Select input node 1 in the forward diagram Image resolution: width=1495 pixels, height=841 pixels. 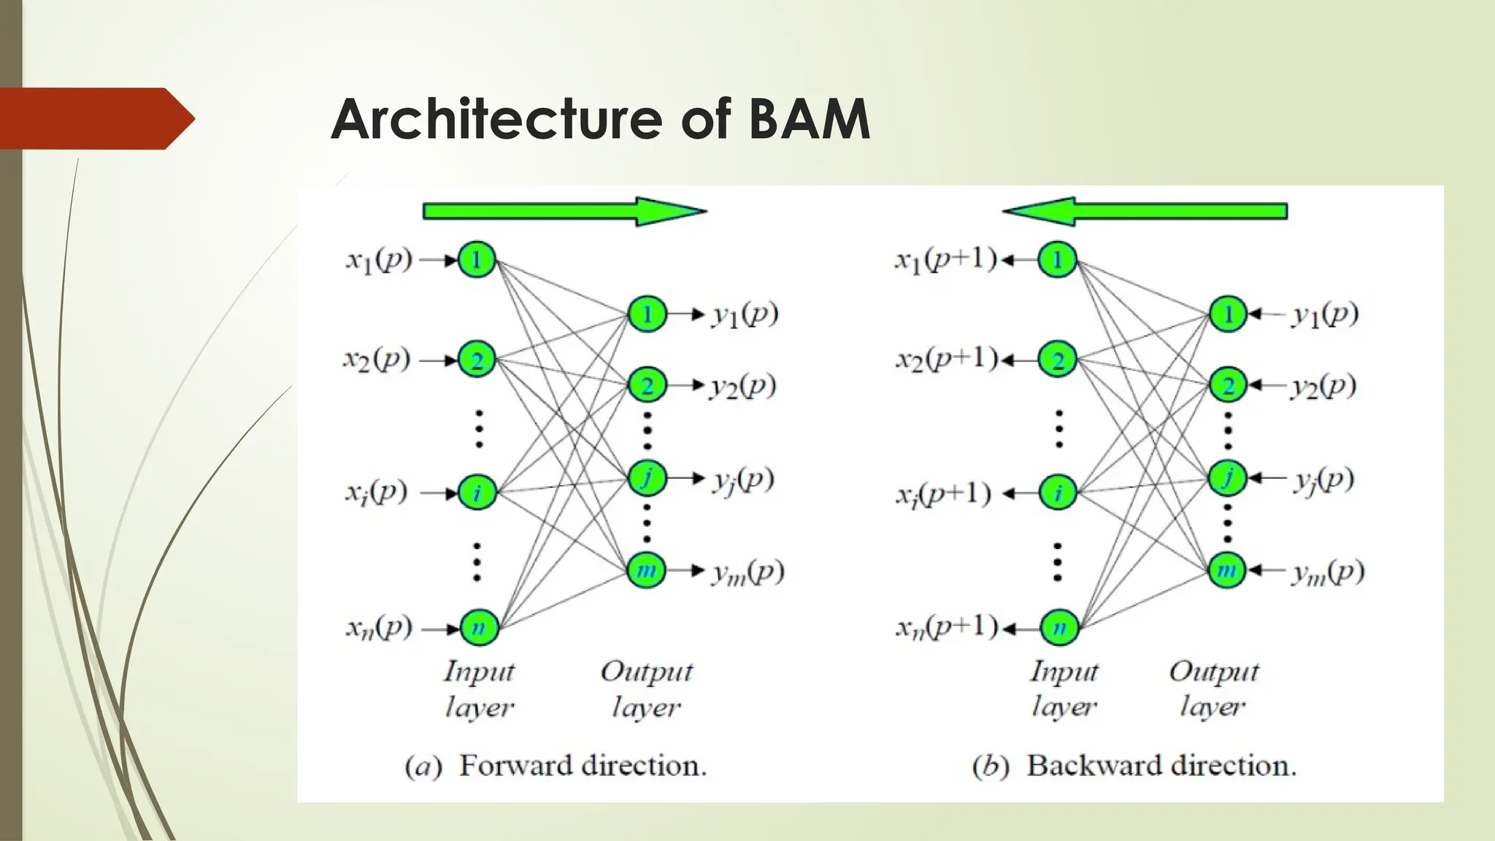point(477,259)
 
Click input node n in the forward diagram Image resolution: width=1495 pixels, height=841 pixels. point(478,627)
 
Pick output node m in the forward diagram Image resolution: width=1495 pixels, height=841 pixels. point(647,569)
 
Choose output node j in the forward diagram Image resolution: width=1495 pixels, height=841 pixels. point(647,478)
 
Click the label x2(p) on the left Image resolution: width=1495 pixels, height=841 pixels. point(377,359)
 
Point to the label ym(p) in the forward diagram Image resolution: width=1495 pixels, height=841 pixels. point(747,572)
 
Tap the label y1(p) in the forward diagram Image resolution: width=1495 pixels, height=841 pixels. point(745,315)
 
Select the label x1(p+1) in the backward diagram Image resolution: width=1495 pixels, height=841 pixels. point(946,259)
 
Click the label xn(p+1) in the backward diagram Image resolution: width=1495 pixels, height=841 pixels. point(946,627)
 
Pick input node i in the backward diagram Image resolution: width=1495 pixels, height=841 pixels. point(1058,493)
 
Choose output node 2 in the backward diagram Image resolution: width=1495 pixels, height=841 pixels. point(1228,385)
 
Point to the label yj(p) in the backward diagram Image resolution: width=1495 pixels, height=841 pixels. point(1323,480)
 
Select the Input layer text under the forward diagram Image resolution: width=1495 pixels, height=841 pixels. point(479,688)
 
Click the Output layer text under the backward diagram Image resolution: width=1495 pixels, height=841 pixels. point(1213,688)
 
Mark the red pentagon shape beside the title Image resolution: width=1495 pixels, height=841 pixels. point(95,119)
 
